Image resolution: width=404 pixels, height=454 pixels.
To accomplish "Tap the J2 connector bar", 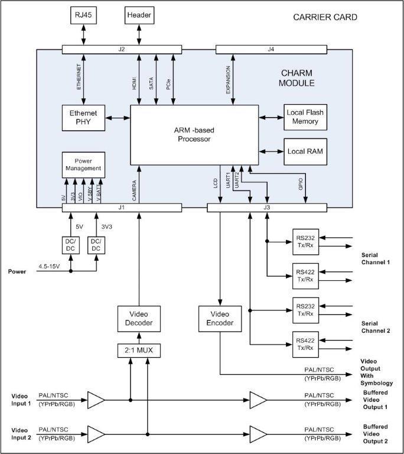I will (x=121, y=49).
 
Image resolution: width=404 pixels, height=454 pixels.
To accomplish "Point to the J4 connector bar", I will (x=271, y=49).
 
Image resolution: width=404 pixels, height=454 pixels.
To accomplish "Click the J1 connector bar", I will (x=122, y=207).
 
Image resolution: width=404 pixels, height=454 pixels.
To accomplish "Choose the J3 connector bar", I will (x=267, y=207).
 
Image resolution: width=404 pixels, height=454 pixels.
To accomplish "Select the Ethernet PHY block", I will (x=83, y=118).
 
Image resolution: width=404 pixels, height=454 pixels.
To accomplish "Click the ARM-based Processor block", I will (x=194, y=135).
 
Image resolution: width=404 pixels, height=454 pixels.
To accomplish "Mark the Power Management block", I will (x=83, y=164).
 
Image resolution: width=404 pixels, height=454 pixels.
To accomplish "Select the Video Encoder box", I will (x=220, y=319).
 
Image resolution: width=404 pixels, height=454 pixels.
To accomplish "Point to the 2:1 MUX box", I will (x=139, y=351).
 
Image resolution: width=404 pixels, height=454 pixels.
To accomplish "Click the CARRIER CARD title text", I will (x=325, y=17).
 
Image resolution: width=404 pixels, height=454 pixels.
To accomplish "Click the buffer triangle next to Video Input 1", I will (x=96, y=400).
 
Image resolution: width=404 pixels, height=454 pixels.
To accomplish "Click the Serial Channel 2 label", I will (x=376, y=327).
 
